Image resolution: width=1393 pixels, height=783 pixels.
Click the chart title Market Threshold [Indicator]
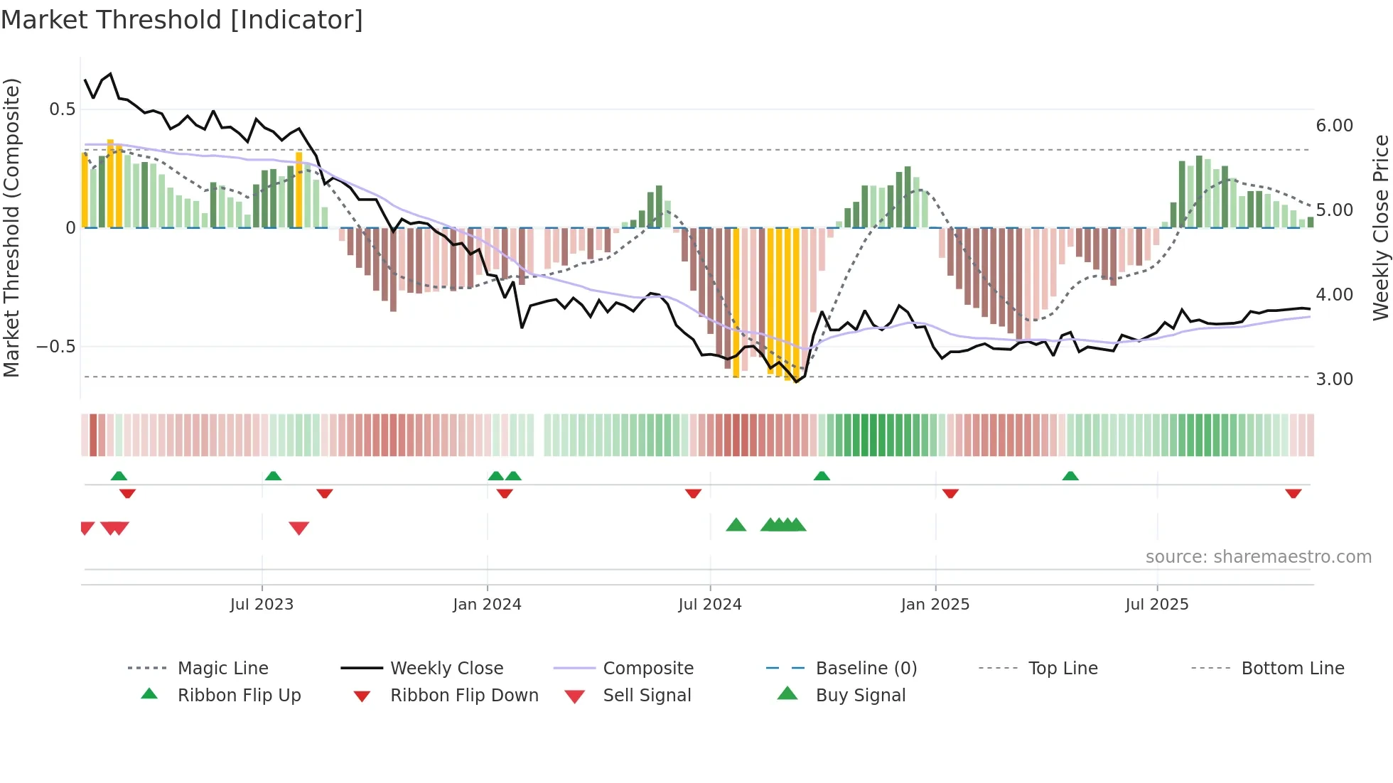[x=182, y=20]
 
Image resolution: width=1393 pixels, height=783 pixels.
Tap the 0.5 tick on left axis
[x=62, y=109]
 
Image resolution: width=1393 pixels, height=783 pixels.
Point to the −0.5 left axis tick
[x=55, y=347]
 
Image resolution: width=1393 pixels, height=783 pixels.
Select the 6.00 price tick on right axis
[x=1334, y=126]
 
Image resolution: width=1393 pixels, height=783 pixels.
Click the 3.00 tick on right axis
[x=1334, y=379]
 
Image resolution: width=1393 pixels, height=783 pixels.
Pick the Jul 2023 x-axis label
[x=262, y=605]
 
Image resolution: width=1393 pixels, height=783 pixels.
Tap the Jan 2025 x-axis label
[x=935, y=605]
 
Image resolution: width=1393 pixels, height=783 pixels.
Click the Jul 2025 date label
[x=1156, y=605]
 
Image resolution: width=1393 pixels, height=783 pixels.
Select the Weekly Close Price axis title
[x=1380, y=227]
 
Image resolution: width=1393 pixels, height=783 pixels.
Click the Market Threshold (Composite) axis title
[x=11, y=227]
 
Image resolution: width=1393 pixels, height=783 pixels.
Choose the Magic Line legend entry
[x=222, y=669]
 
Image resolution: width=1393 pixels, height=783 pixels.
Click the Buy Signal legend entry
[x=860, y=696]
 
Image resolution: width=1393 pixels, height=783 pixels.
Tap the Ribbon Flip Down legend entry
[x=463, y=696]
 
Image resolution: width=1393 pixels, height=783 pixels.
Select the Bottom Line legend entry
[x=1292, y=669]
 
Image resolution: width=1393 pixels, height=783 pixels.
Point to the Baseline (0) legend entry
[x=866, y=669]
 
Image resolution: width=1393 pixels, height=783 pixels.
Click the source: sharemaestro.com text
[x=1258, y=557]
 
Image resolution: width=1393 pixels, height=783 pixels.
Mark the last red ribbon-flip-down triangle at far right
[x=1293, y=493]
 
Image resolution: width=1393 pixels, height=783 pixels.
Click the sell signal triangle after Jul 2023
[x=298, y=527]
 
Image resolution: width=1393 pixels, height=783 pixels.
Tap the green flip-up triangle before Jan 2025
[x=822, y=475]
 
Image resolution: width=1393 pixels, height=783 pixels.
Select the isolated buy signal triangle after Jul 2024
[x=736, y=525]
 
